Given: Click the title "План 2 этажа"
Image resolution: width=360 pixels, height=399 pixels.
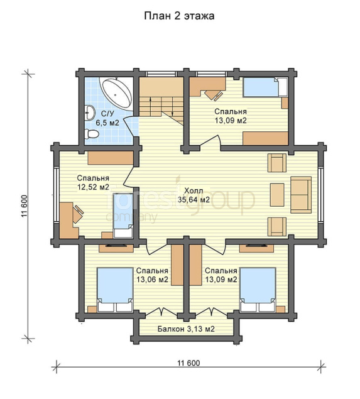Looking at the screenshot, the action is (x=179, y=16).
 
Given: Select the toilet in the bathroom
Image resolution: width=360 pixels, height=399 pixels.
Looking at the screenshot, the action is (x=91, y=134).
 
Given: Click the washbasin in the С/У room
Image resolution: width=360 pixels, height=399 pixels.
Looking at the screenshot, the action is (x=89, y=112).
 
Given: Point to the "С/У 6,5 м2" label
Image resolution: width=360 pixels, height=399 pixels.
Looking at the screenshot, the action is (x=107, y=118).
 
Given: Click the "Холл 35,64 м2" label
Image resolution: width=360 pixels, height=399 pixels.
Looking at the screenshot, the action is (x=194, y=195).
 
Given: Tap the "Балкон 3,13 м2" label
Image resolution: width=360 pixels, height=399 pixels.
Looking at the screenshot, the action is (x=186, y=329).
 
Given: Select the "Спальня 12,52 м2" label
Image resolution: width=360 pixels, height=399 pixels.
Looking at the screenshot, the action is (x=93, y=182).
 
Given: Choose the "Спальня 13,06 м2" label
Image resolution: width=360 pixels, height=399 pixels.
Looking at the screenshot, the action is (x=152, y=275).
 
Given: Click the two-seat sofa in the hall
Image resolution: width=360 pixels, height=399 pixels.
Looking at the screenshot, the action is (x=301, y=195).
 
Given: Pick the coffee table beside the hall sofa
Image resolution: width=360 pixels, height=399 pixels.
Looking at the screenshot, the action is (x=277, y=195).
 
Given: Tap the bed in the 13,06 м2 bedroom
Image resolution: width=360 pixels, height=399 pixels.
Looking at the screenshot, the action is (x=115, y=290).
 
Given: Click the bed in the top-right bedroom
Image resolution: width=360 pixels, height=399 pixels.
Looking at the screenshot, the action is (x=265, y=87).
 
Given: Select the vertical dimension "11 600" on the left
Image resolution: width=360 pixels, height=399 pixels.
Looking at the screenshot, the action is (x=25, y=206).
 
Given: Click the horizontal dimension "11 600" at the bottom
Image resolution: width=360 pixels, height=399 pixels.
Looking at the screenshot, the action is (x=188, y=363).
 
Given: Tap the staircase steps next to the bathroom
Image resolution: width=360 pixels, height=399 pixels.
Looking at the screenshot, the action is (x=161, y=106).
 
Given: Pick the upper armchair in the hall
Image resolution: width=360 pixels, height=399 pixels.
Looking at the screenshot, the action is (x=277, y=163).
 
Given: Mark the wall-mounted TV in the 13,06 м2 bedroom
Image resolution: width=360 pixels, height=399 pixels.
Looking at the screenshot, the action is (x=116, y=246).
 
